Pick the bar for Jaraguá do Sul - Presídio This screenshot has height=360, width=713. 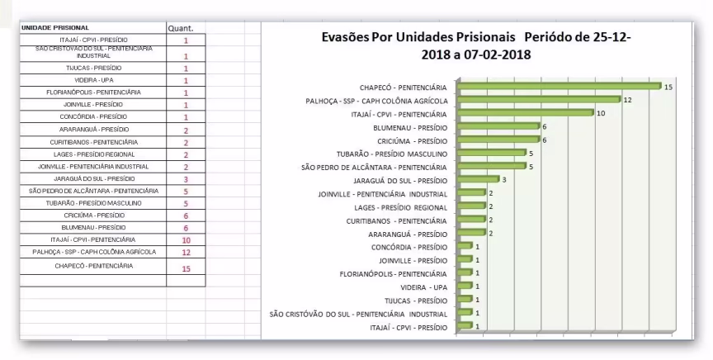click(478, 179)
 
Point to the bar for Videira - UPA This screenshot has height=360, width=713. click(464, 287)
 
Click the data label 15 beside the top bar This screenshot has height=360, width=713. click(669, 86)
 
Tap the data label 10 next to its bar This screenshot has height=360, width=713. click(602, 113)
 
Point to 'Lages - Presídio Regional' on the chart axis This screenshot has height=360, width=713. click(400, 207)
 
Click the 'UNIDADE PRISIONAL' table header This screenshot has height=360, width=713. click(55, 28)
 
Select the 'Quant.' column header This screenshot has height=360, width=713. click(180, 28)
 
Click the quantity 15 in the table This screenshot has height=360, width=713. click(186, 268)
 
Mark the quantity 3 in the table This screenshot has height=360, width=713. click(186, 178)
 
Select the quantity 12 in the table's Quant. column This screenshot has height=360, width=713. click(186, 252)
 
